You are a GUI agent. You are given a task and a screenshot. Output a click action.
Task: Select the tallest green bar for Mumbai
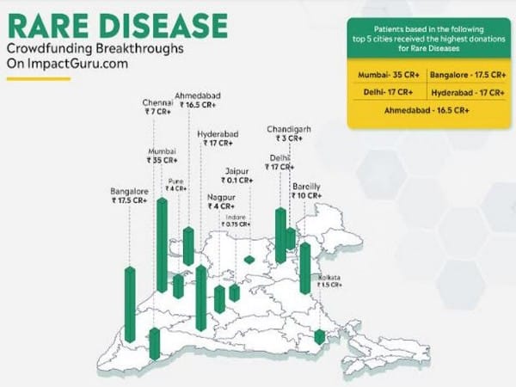point(162,245)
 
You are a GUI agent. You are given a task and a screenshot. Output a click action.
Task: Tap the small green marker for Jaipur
point(249,259)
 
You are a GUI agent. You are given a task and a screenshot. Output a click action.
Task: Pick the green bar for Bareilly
point(305,267)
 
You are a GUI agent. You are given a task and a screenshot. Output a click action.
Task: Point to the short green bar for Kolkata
point(320,337)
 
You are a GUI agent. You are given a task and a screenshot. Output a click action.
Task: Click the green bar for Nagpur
point(219,298)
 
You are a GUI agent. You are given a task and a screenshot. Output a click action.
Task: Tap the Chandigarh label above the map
point(289,129)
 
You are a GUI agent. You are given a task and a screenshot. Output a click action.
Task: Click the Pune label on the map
point(175,181)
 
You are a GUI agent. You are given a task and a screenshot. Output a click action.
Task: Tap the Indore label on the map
point(236,217)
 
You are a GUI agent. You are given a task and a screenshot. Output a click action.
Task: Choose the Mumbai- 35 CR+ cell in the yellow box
point(388,75)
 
